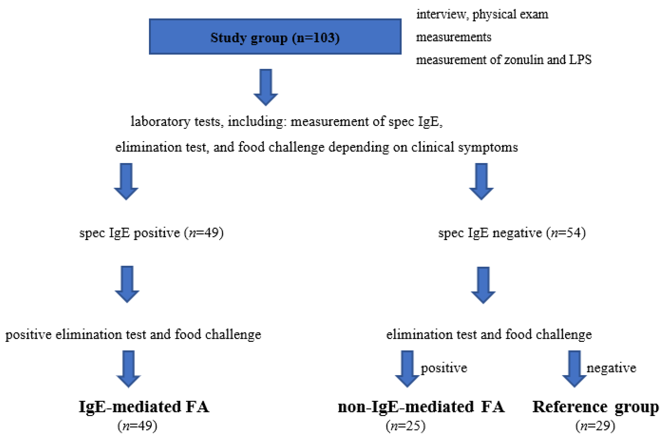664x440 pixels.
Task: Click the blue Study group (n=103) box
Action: (275, 37)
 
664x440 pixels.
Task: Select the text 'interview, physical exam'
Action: (482, 14)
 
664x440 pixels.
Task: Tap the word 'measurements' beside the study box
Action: (453, 37)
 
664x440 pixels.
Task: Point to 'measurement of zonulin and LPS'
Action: (503, 60)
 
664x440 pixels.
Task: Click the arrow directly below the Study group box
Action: (266, 87)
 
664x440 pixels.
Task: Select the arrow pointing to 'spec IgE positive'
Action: (126, 181)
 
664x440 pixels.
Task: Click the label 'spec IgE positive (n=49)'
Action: (151, 233)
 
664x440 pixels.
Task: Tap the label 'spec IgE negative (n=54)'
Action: (512, 233)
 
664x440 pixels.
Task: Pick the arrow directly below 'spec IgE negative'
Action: (483, 285)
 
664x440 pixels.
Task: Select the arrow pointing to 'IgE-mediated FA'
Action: (128, 368)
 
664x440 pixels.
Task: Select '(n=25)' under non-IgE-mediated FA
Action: (405, 426)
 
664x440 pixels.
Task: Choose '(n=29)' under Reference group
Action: (595, 426)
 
